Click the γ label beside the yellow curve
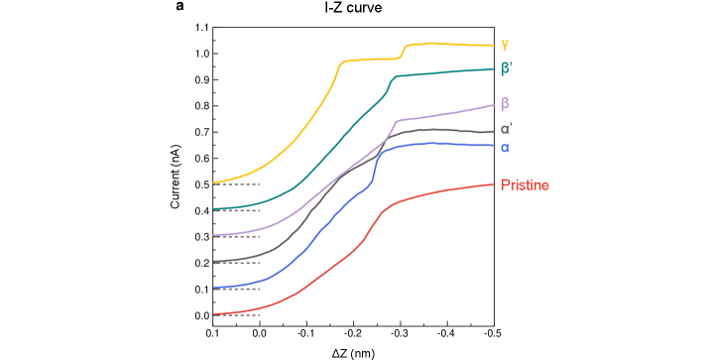[x=505, y=45]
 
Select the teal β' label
[x=507, y=68]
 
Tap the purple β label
[x=506, y=103]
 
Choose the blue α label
[x=505, y=148]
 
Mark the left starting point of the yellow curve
[x=213, y=182]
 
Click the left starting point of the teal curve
[x=213, y=209]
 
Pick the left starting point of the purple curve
[x=213, y=235]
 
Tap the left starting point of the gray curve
[x=213, y=262]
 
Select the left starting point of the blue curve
[x=213, y=288]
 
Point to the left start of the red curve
[x=213, y=314]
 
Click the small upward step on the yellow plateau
[x=403, y=51]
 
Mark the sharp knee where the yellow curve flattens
[x=341, y=64]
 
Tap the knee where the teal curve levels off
[x=391, y=79]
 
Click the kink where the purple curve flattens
[x=396, y=122]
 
